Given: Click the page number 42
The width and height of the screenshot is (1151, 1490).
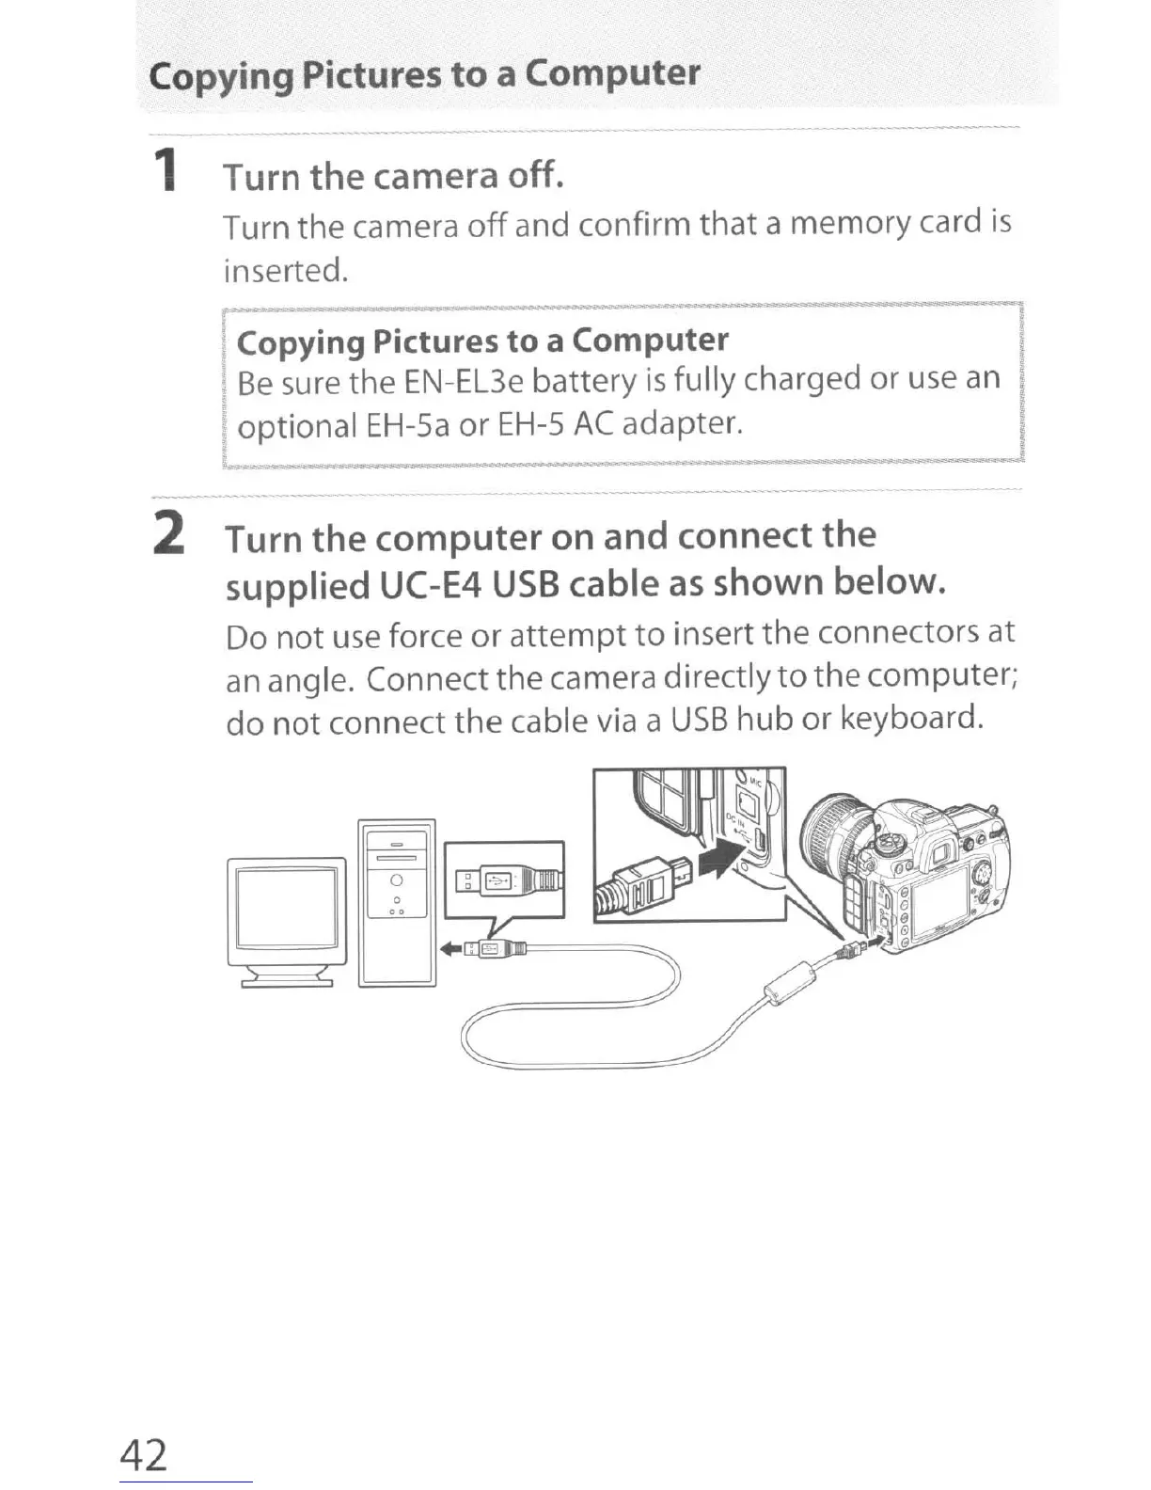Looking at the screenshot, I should tap(143, 1454).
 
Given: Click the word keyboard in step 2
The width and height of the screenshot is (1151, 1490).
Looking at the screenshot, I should tap(911, 720).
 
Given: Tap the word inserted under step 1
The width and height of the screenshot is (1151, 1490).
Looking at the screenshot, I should tap(286, 271).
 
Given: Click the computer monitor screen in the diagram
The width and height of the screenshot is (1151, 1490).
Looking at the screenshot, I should tap(286, 908).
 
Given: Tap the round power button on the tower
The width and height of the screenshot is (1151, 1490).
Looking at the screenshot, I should tap(396, 880).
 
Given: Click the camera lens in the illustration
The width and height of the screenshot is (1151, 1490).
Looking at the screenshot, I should tap(831, 832).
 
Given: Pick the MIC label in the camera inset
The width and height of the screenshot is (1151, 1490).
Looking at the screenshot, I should tap(757, 784).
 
